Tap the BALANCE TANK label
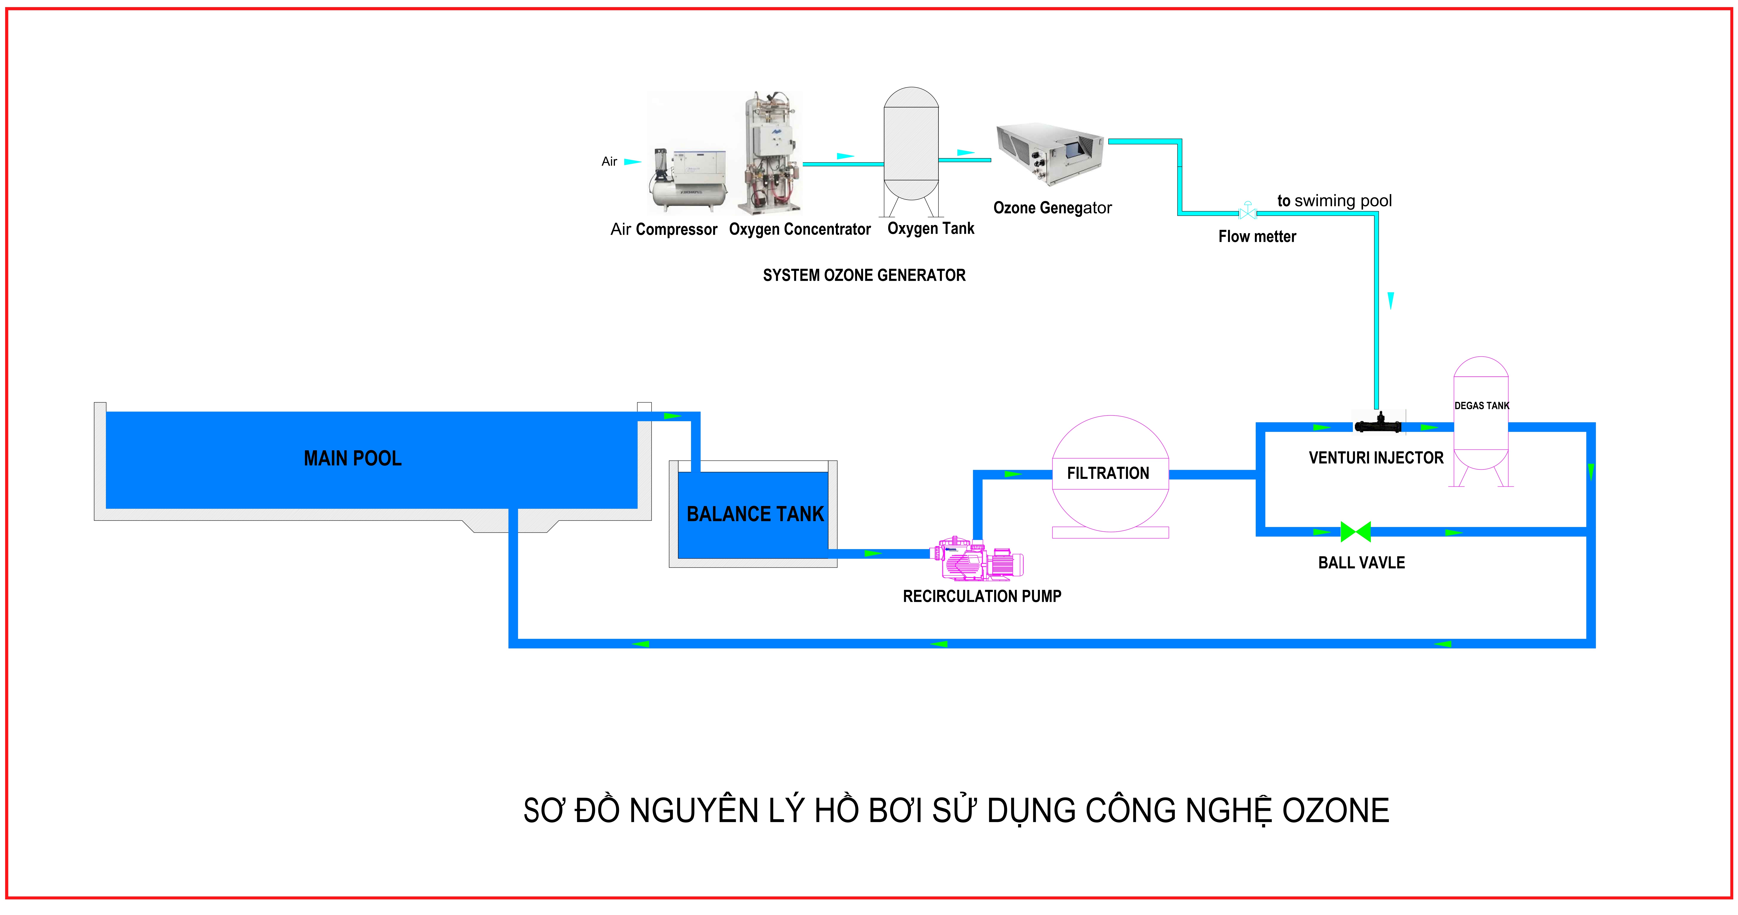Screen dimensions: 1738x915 tap(755, 514)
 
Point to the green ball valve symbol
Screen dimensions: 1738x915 tap(1355, 532)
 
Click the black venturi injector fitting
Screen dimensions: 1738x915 tap(1378, 424)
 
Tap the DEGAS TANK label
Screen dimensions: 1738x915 tap(1482, 406)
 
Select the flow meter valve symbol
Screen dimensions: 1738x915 tap(1248, 211)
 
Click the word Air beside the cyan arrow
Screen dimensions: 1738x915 tap(609, 162)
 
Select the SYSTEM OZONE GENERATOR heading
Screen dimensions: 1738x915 tap(864, 275)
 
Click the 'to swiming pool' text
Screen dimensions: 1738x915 tap(1335, 201)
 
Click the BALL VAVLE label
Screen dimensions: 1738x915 tap(1362, 563)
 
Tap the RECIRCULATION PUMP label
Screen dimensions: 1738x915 tap(982, 596)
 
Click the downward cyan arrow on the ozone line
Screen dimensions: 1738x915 tap(1390, 301)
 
